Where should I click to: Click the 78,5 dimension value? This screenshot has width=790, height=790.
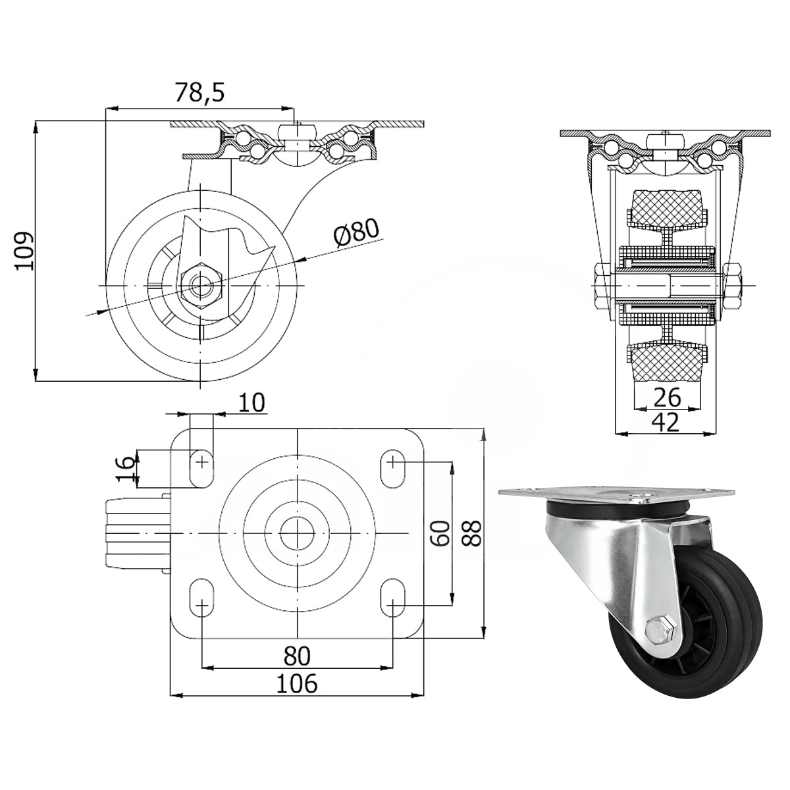tap(199, 93)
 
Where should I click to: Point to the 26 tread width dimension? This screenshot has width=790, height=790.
tap(667, 396)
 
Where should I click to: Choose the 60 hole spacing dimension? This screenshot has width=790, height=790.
tap(440, 533)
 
